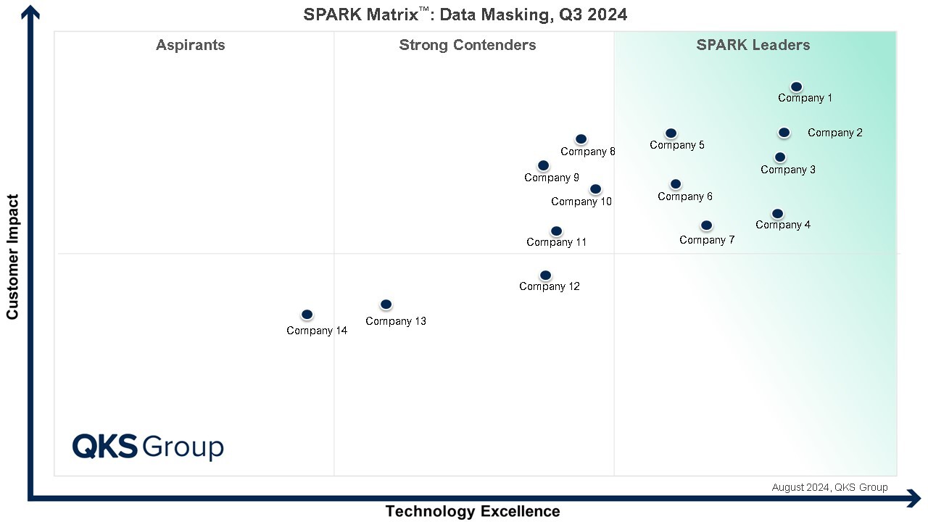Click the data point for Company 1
coord(796,87)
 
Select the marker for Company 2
coord(784,133)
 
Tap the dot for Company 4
coord(777,214)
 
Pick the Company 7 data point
coord(706,225)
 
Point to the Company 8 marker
coord(581,139)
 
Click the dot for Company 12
coord(545,275)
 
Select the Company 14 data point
coord(307,315)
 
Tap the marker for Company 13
coord(386,304)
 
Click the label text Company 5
coord(677,145)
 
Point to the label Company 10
coord(581,202)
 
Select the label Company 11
coord(557,242)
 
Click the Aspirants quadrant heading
coord(191,45)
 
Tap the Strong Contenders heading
coord(468,45)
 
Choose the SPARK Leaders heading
coord(753,45)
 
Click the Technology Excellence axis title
coord(473,511)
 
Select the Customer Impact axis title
coord(12,256)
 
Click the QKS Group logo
coord(148,447)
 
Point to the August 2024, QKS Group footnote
coord(829,487)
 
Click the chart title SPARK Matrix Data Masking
coord(465,14)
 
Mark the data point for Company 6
coord(676,184)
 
